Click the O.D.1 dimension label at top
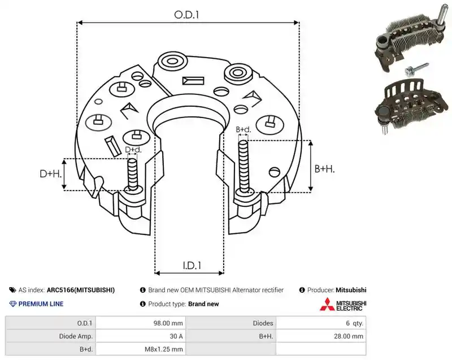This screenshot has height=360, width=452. pos(186,15)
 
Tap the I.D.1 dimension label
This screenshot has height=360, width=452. pos(192,265)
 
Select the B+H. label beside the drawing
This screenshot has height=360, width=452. pos(324,168)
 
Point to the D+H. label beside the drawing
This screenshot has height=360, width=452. pos(51,174)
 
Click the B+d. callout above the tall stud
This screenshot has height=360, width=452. pos(244,129)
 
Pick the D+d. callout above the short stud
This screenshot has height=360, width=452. pos(133,150)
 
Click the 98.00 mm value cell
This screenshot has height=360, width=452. pos(168,323)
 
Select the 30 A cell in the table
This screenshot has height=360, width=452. pos(176,336)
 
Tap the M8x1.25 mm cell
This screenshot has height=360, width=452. pos(164,349)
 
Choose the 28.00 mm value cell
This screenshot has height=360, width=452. pos(349,336)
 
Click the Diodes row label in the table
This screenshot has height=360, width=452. pos(263,323)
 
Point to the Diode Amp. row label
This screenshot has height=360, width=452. pos(76,336)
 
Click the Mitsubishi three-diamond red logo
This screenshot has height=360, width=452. pos(327,304)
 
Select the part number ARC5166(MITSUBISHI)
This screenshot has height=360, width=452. pos(81,290)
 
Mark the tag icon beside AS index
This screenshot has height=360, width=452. pos(12,290)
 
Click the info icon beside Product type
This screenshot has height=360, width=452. pos(143,304)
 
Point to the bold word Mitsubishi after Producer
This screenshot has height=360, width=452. pos(351,290)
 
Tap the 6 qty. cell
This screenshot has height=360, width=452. pos(355,323)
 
